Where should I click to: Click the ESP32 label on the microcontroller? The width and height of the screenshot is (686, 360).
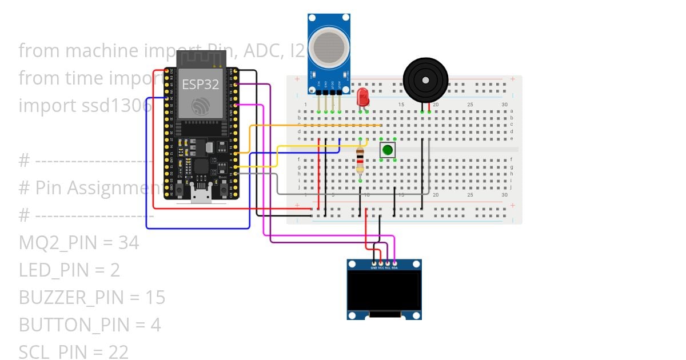[200, 85]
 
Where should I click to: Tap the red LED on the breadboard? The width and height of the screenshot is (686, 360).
[362, 97]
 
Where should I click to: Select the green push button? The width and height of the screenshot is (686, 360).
[388, 150]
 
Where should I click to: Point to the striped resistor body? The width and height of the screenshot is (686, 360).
[360, 160]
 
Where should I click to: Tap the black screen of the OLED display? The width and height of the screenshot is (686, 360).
[384, 289]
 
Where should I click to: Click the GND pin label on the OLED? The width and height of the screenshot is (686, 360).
[374, 267]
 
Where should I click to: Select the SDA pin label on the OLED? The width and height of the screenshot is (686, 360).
[394, 267]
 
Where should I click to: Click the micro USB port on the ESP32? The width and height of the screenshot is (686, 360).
[200, 197]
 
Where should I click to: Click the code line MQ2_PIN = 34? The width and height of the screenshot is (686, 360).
[79, 243]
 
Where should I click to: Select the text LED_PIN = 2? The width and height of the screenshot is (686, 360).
[69, 270]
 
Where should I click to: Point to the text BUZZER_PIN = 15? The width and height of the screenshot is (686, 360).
[91, 297]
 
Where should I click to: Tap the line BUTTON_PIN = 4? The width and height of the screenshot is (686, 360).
[90, 325]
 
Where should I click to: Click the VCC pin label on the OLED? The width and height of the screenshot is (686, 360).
[381, 267]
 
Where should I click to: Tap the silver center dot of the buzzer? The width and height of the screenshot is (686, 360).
[425, 79]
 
